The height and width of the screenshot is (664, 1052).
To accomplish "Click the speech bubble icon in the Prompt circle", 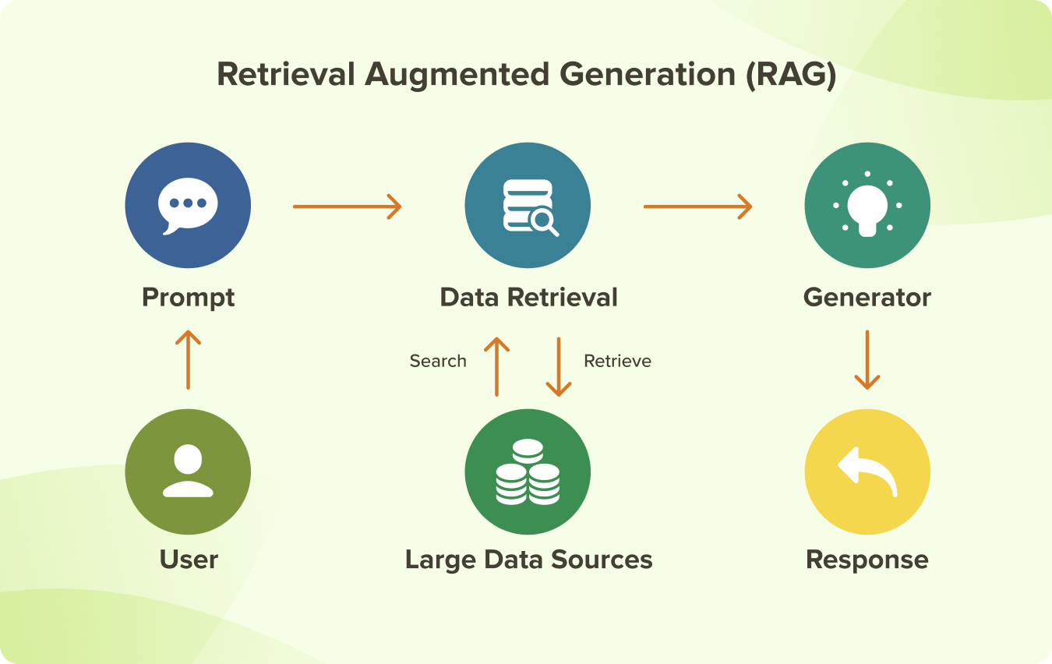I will (x=187, y=205).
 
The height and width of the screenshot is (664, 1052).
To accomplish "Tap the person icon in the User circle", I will (x=188, y=471).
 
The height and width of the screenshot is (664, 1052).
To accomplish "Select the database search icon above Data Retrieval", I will (x=529, y=207).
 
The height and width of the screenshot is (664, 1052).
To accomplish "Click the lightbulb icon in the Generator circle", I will (x=867, y=205).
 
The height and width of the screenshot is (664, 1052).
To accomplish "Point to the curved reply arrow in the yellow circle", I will (x=867, y=471).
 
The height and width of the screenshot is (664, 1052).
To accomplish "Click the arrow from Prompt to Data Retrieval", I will (x=347, y=207).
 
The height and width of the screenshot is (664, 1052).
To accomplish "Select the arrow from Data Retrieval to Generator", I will (x=697, y=207).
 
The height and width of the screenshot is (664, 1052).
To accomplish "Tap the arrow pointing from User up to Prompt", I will (x=188, y=359).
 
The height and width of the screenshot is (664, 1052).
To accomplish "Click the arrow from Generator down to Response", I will (x=867, y=359).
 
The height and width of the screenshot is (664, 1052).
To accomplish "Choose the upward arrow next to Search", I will (x=496, y=366).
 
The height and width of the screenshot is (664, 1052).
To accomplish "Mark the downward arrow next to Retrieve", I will (x=559, y=366).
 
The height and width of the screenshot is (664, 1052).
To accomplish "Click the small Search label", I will (x=438, y=361).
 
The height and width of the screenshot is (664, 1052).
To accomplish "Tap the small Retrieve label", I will (x=617, y=361).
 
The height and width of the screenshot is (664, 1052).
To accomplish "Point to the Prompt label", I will (x=188, y=298).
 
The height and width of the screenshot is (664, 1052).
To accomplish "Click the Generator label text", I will (x=867, y=298).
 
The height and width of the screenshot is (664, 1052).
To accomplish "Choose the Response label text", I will (x=867, y=560).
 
